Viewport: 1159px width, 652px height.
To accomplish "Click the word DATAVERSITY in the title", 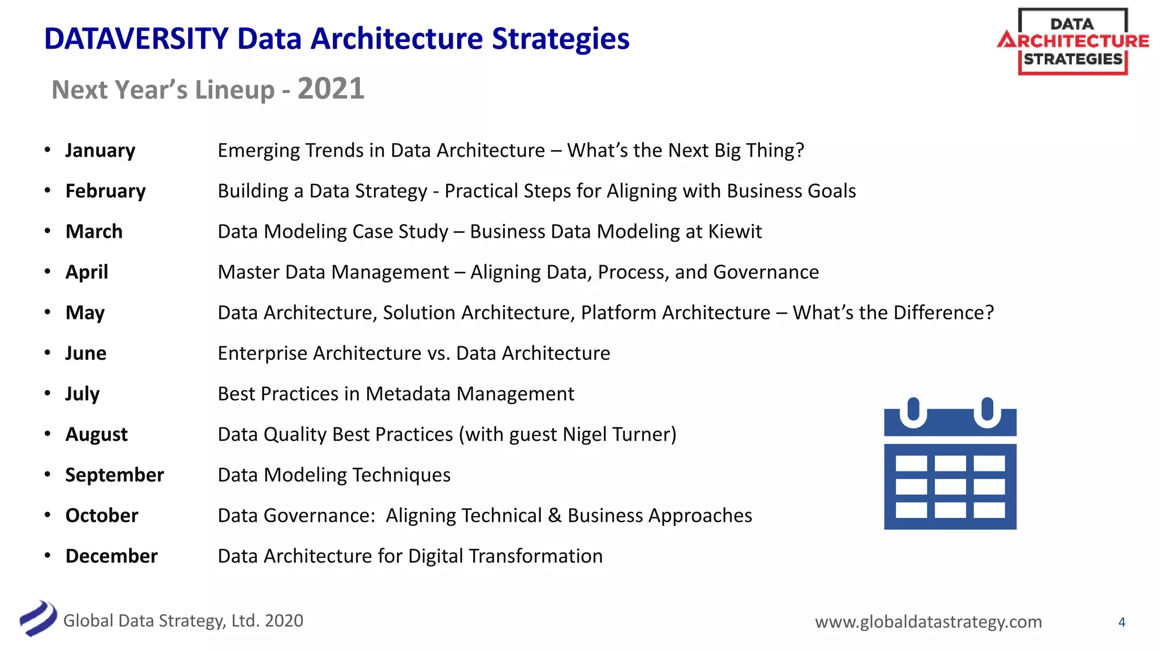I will point(136,39).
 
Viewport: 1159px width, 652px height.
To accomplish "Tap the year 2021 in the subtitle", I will point(331,89).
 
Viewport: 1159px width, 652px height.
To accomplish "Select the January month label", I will point(100,151).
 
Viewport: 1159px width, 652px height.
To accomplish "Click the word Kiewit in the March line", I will point(735,231).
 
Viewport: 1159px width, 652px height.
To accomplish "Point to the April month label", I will point(87,272).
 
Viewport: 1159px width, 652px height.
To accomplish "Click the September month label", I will point(114,475).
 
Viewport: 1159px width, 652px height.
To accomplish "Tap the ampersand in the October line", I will point(555,516).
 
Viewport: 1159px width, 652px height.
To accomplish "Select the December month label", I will point(111,556).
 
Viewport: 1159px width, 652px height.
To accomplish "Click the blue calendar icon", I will point(950,464).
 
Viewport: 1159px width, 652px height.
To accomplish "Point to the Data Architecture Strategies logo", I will point(1073,41).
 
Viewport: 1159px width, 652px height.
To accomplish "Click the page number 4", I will point(1122,623).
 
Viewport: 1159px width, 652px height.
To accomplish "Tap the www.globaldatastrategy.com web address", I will point(928,622).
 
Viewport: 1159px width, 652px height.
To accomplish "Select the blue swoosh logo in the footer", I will point(38,619).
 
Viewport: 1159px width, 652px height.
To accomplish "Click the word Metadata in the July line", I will point(408,394).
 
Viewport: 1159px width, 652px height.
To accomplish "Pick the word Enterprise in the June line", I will point(263,353).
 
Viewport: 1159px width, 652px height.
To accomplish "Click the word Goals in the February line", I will point(831,191).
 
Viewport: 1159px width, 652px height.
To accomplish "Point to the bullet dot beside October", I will point(48,515).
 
